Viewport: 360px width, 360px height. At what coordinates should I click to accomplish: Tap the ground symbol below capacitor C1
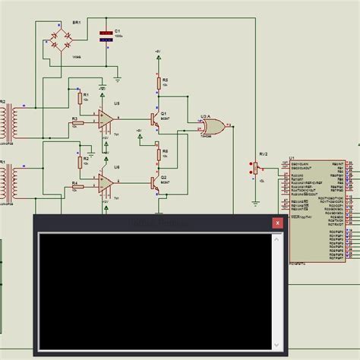(118, 77)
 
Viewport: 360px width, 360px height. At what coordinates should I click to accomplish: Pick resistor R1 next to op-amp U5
(80, 98)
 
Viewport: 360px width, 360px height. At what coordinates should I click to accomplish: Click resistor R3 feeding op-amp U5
(78, 119)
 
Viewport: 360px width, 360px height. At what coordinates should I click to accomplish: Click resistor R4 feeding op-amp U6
(78, 183)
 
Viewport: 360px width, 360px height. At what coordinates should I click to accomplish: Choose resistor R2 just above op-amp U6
(80, 161)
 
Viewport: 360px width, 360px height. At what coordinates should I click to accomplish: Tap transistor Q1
(156, 119)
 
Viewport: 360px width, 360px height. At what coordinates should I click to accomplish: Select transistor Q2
(156, 183)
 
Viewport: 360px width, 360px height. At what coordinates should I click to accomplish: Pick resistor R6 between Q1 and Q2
(159, 155)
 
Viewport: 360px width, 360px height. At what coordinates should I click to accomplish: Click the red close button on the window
(278, 223)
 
